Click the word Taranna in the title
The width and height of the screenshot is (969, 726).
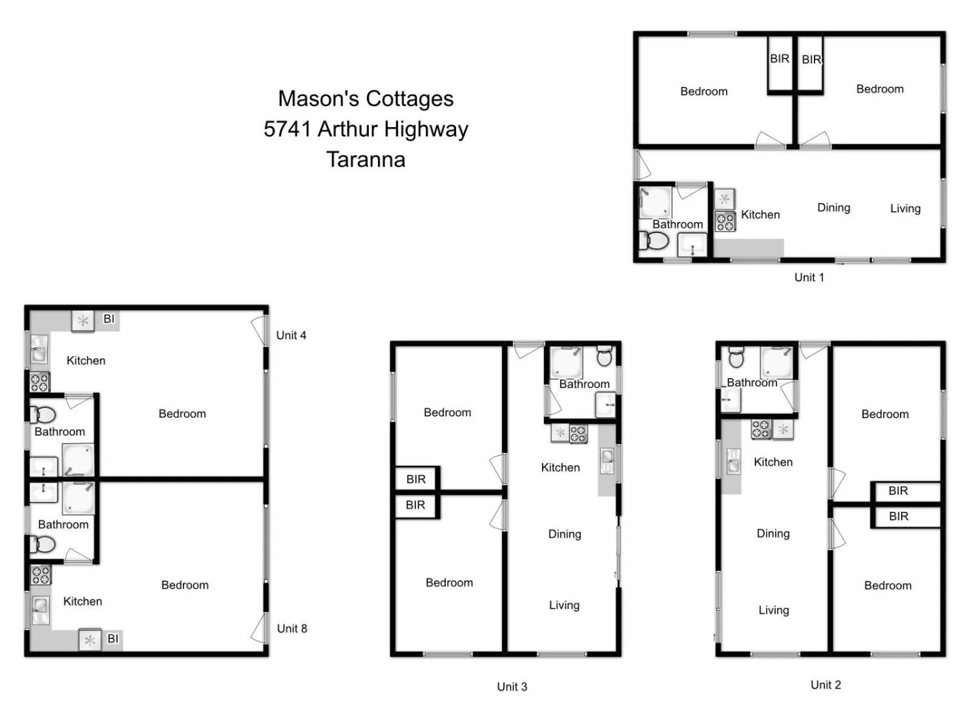366,160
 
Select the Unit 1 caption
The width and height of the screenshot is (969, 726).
809,278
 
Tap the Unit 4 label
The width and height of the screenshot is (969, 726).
291,335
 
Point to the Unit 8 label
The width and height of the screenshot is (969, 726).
292,629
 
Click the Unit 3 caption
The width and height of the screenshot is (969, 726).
512,687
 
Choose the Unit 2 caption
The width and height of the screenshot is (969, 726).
825,685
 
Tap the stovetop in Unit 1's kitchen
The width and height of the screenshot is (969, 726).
725,221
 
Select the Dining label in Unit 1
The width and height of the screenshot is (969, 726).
833,208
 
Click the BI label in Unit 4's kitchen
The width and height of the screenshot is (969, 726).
109,319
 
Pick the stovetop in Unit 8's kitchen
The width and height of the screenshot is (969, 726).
41,575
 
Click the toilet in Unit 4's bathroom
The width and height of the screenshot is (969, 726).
42,414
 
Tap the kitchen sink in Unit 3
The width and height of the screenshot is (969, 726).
607,461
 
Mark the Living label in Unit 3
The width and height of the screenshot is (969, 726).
564,605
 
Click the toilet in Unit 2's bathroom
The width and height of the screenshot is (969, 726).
736,358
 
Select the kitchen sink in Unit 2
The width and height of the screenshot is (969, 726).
733,461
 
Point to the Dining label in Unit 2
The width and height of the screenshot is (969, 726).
773,534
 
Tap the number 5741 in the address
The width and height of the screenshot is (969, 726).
287,129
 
